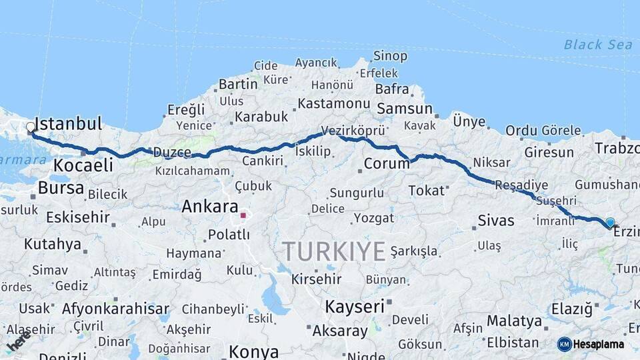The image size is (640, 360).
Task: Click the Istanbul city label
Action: point(68,124)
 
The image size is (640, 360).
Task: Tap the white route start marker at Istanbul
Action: point(31,127)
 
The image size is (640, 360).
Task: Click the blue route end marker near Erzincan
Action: point(610,222)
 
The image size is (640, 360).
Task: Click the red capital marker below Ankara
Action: point(243,215)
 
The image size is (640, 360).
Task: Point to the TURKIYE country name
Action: point(333,251)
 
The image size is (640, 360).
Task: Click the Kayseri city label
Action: point(355,307)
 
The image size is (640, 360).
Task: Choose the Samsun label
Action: point(405,109)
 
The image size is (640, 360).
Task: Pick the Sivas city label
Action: point(496,220)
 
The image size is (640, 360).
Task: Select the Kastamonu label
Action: point(333,104)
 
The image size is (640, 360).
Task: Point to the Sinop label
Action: point(390,57)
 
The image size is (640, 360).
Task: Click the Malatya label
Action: point(514,321)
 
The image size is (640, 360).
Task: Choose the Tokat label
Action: point(426,191)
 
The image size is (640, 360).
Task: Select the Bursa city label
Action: point(61,188)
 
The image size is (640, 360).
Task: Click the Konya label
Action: point(253,351)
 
